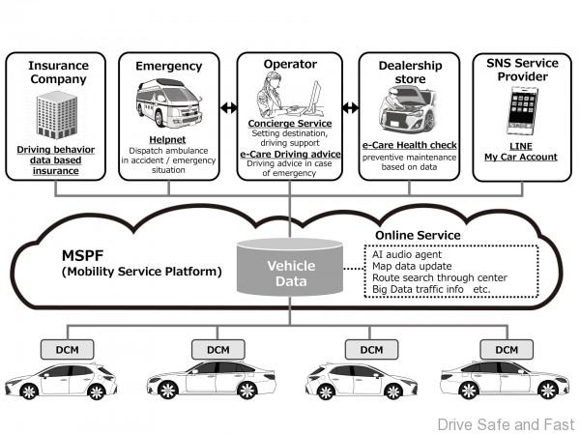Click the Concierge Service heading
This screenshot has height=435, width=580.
(x=290, y=124)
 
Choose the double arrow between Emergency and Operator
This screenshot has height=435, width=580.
(x=228, y=107)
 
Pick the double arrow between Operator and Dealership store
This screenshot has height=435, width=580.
(x=351, y=107)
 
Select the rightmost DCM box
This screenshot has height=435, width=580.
(x=507, y=348)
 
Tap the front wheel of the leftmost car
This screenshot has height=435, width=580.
(x=30, y=391)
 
